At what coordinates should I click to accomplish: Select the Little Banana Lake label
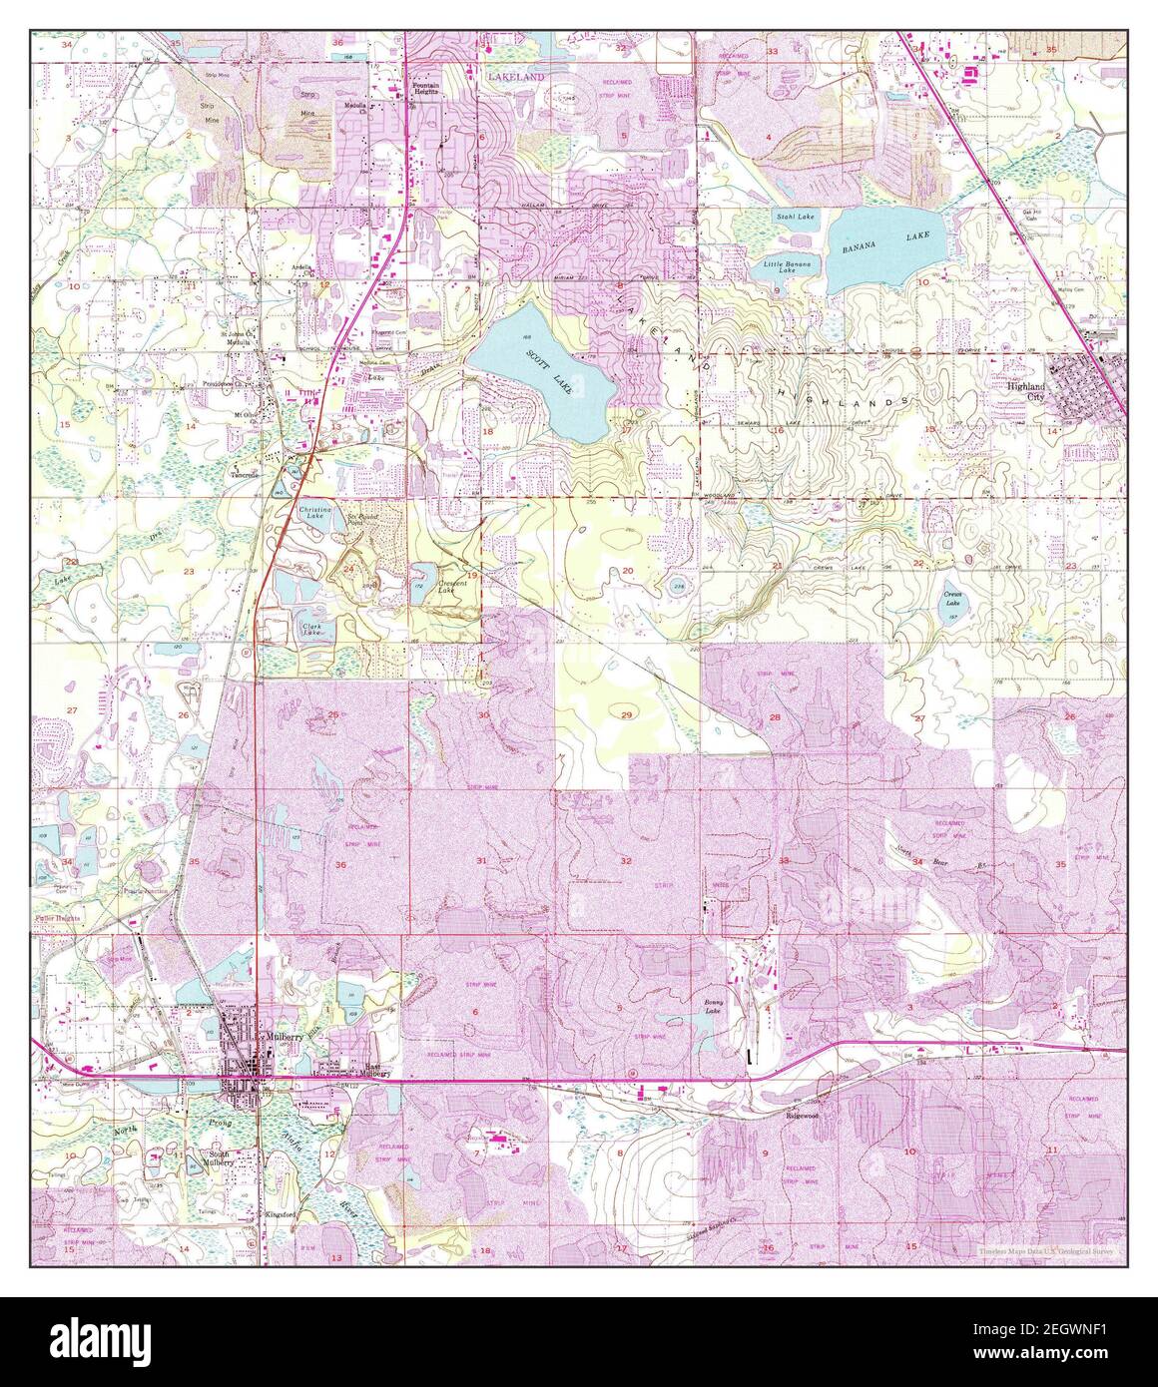pyautogui.click(x=787, y=266)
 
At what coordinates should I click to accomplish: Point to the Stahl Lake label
pyautogui.click(x=794, y=216)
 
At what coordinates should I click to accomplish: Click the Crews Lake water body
pyautogui.click(x=954, y=600)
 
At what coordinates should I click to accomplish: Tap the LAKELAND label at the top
pyautogui.click(x=516, y=76)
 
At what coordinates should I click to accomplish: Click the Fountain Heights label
pyautogui.click(x=427, y=89)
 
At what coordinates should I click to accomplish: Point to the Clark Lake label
pyautogui.click(x=311, y=629)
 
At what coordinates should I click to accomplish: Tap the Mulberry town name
pyautogui.click(x=284, y=1038)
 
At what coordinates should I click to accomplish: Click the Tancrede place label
pyautogui.click(x=246, y=475)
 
